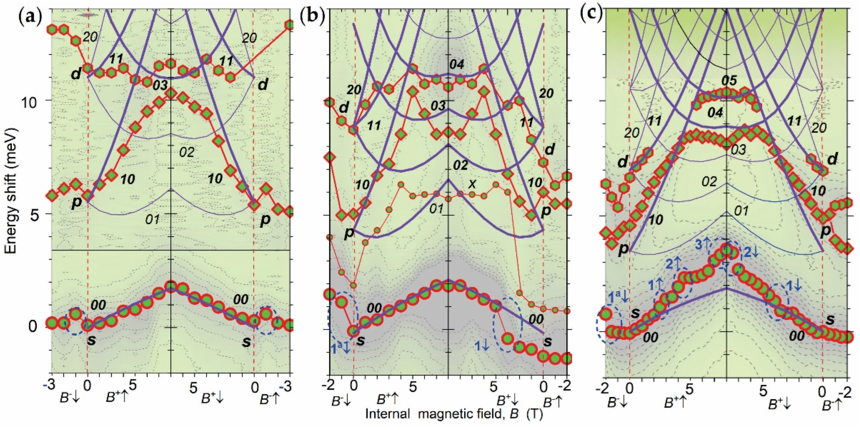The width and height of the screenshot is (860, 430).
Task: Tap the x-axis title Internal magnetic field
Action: tap(454, 414)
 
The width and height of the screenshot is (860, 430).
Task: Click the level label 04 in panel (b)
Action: tap(456, 64)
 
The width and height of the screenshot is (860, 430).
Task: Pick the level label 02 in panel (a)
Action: tap(187, 152)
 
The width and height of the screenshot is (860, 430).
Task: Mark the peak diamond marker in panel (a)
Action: tap(171, 94)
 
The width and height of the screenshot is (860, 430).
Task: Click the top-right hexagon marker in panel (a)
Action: tap(289, 25)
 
